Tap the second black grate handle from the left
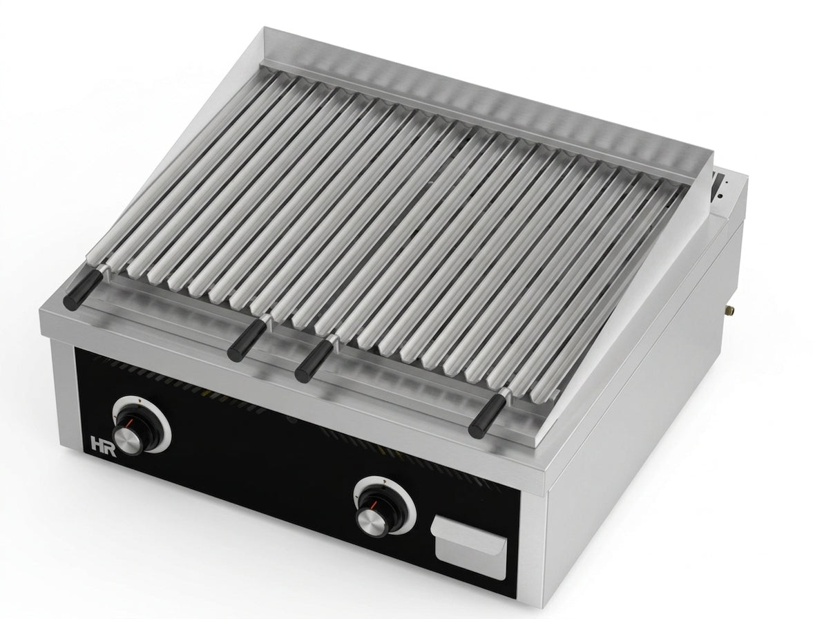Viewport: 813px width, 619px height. pyautogui.click(x=245, y=341)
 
